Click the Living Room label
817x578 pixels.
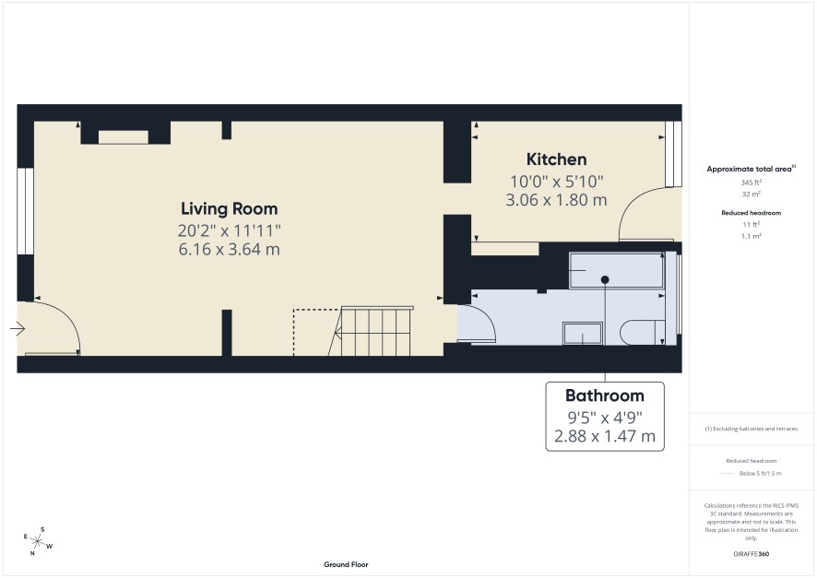coord(230,209)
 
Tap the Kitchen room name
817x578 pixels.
coord(556,159)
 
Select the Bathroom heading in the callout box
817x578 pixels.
coord(605,395)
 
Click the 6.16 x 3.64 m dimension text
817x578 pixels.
coord(230,250)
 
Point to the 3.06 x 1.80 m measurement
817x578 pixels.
coord(556,200)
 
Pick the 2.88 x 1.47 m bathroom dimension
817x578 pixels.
coord(605,436)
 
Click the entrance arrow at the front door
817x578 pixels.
coord(18,329)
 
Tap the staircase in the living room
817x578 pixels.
coord(371,332)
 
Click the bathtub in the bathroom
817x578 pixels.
coord(616,270)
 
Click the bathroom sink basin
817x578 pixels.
coord(583,334)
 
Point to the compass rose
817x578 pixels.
coord(38,541)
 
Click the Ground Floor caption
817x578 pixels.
coord(346,564)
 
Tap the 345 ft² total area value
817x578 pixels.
coord(751,183)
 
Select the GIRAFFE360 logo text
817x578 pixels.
coord(751,553)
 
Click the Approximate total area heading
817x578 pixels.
coord(751,169)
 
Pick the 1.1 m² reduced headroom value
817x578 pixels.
coord(752,236)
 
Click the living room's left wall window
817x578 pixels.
coord(26,211)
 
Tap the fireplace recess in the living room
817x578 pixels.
coord(124,137)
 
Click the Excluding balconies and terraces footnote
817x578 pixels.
coord(751,429)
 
